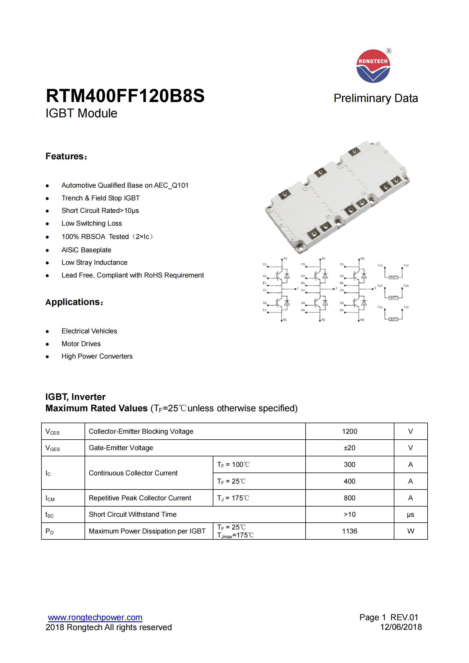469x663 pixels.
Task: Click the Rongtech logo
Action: (x=373, y=66)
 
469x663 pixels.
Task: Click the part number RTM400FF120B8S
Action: (x=125, y=96)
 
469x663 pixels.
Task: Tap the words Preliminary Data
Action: (x=375, y=98)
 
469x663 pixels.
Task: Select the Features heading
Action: (x=66, y=156)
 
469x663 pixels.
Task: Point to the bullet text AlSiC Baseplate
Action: (x=86, y=250)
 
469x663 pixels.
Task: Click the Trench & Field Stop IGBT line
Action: (x=100, y=198)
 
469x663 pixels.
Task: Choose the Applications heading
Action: (x=74, y=302)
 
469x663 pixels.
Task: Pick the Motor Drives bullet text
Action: (x=81, y=344)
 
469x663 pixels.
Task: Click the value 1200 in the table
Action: (x=349, y=431)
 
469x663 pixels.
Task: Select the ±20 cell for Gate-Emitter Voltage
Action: (x=349, y=448)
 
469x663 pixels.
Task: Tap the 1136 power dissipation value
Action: (x=349, y=531)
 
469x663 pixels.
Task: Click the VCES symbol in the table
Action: (x=52, y=432)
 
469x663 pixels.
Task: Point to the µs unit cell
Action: (x=410, y=514)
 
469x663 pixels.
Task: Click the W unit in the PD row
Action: (x=410, y=531)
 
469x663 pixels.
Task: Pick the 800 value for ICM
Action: (x=349, y=498)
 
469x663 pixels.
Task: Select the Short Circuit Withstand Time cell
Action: (x=132, y=514)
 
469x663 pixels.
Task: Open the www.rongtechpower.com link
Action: (x=95, y=617)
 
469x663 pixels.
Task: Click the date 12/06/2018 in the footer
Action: (x=401, y=627)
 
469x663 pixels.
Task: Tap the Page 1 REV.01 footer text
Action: (x=389, y=617)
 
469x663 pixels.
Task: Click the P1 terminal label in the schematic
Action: (x=285, y=259)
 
